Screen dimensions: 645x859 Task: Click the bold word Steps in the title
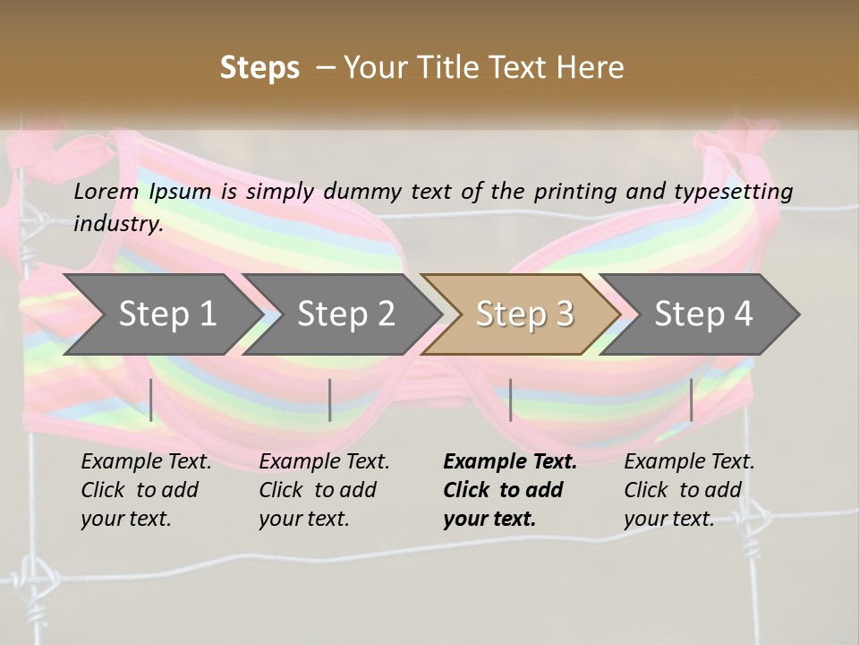(x=259, y=68)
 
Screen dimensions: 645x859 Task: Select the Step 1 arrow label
(x=167, y=314)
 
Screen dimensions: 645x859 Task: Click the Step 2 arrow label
(x=346, y=314)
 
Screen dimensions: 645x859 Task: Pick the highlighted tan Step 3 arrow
(x=524, y=314)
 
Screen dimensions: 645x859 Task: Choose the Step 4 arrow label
(x=703, y=314)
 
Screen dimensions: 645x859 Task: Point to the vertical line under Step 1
(x=151, y=400)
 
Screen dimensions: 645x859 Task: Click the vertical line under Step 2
(x=330, y=400)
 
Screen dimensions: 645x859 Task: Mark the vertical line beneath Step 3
(x=511, y=400)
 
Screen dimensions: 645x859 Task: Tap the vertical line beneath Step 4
(x=692, y=400)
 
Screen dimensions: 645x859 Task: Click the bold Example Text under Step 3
(x=510, y=461)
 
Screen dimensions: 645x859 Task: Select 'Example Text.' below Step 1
(x=146, y=461)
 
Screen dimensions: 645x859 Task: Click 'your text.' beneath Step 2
(x=303, y=519)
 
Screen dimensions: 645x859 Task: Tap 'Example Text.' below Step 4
(x=689, y=461)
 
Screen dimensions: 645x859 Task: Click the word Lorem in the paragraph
(x=106, y=191)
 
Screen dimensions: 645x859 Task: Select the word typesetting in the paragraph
(x=740, y=191)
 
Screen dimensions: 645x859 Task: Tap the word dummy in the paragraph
(x=361, y=191)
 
